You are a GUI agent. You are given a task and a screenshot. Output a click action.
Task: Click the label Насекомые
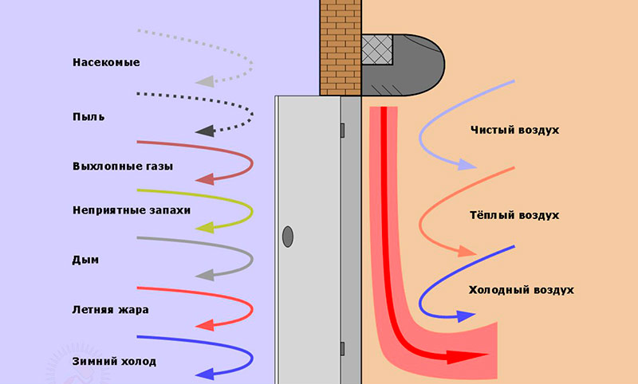pos(105,61)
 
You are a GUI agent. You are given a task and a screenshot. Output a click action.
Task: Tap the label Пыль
pos(88,117)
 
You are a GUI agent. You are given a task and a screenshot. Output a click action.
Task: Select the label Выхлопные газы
pos(122,167)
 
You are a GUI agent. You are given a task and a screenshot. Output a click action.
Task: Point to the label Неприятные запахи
pos(131,211)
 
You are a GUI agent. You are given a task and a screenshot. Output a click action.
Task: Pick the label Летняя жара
pos(109,308)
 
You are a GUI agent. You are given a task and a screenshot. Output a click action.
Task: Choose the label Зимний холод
pos(113,361)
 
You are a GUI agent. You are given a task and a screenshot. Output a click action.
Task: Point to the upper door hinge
pos(342,129)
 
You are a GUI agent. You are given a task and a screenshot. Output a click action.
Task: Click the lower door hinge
pos(342,348)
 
